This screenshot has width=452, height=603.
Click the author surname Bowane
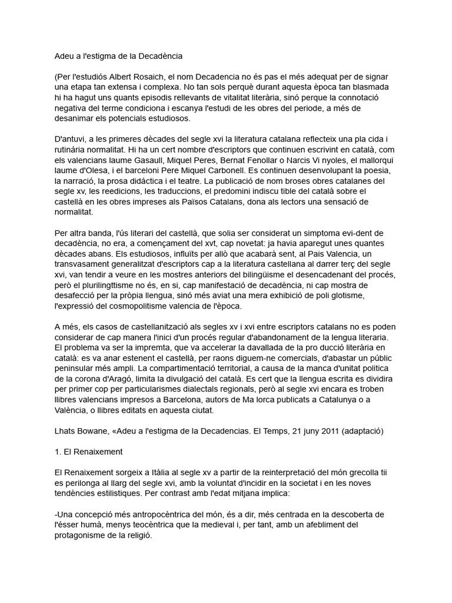point(97,430)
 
